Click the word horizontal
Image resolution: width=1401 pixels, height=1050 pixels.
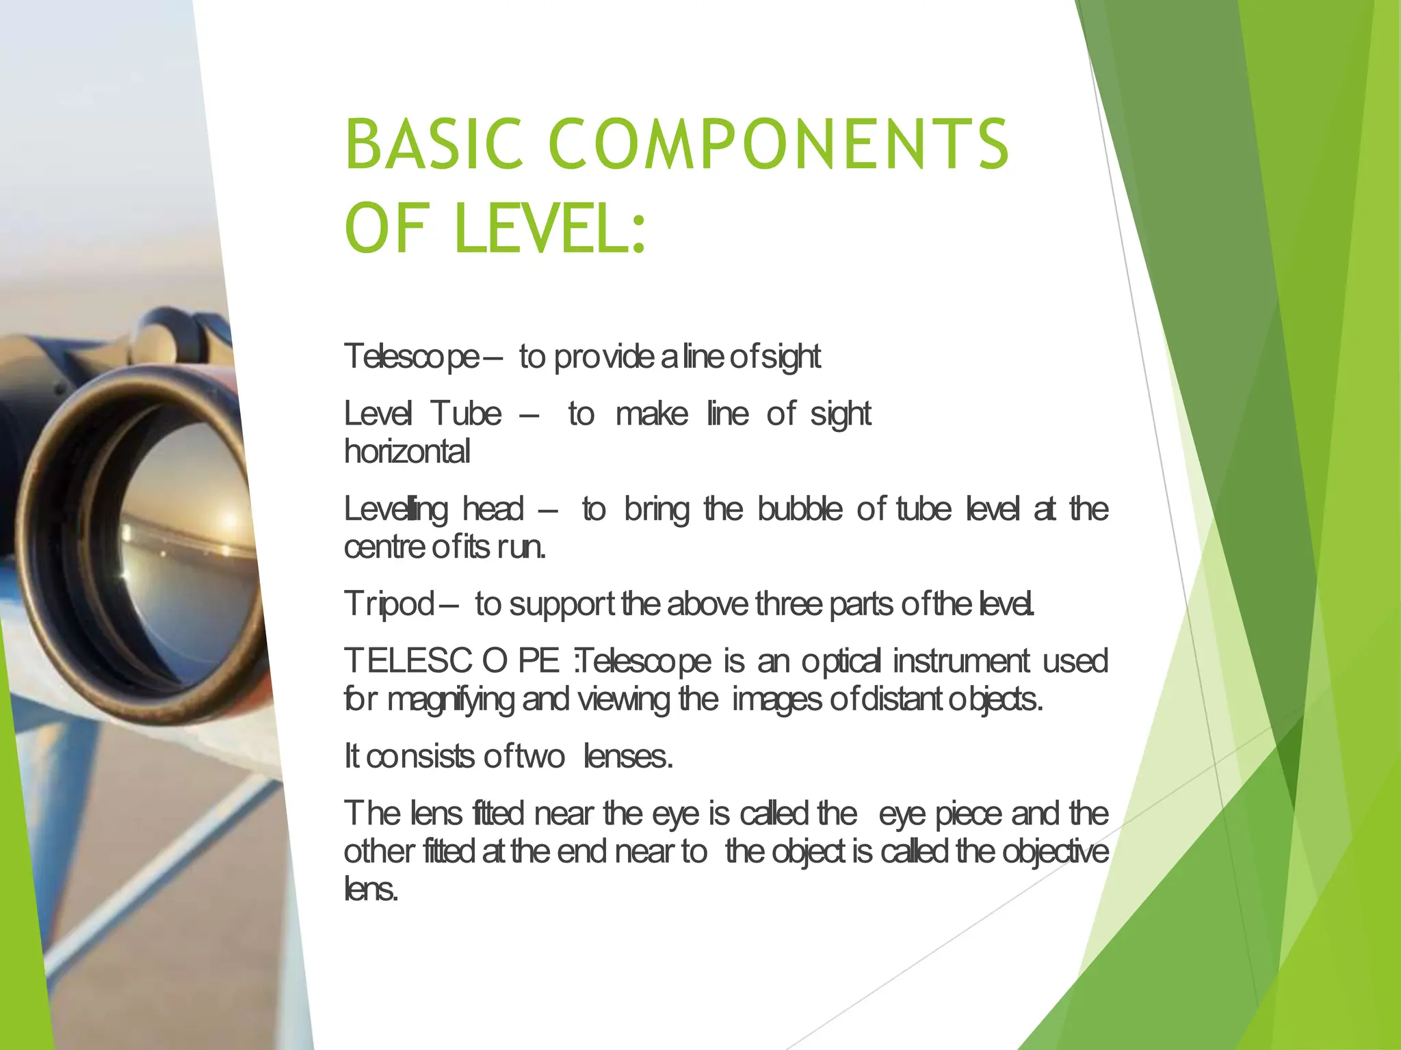click(407, 452)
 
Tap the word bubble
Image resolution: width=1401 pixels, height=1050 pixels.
click(800, 509)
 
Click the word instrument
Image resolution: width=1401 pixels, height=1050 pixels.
click(960, 661)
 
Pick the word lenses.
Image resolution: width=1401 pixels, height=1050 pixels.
click(628, 757)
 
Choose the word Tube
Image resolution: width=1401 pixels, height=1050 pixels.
click(466, 414)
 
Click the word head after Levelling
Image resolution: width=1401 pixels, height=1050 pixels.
click(493, 509)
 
